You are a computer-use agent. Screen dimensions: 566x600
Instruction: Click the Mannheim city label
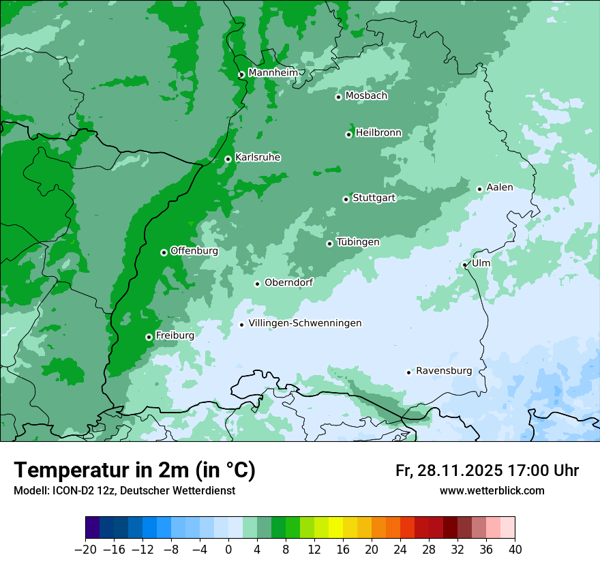273,73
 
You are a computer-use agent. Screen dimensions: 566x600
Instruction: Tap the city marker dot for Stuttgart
346,199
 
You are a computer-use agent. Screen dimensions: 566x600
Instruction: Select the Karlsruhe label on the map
258,158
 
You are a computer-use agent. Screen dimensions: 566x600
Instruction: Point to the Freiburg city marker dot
149,337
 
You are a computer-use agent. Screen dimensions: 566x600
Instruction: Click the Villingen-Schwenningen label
305,323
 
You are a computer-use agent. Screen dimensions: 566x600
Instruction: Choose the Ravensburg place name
444,371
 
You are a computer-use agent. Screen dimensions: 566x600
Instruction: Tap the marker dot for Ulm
464,265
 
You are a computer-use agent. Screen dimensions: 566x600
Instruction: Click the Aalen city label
500,188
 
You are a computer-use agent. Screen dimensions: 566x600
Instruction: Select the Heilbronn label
378,133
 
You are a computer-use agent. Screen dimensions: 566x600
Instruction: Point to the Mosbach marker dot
338,97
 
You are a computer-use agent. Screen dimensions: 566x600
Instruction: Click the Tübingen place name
358,242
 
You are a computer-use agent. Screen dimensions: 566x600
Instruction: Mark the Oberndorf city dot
257,284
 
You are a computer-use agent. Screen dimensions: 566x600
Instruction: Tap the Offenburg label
194,251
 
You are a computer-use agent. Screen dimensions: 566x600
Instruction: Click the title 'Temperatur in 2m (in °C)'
135,471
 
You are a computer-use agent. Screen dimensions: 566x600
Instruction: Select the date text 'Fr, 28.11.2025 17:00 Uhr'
487,471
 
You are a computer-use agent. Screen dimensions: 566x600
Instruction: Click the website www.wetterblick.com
492,490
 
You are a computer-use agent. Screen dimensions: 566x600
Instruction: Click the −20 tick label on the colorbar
85,550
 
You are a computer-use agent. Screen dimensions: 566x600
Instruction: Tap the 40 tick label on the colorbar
515,550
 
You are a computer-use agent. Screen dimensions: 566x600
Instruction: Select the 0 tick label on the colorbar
228,550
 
